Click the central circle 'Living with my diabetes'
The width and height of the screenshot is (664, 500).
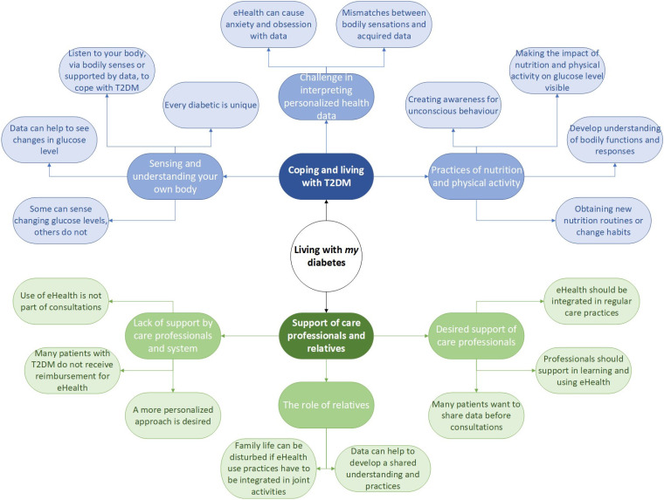click(x=326, y=256)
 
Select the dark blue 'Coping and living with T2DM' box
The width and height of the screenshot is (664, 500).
click(x=326, y=176)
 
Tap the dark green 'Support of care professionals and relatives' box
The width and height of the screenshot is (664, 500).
click(x=326, y=335)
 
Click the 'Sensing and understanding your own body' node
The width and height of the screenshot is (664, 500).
click(x=175, y=176)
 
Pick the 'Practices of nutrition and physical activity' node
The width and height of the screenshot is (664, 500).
click(x=476, y=176)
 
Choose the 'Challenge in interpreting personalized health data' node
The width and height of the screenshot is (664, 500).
click(x=326, y=97)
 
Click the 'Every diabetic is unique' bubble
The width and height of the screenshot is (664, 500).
click(x=211, y=105)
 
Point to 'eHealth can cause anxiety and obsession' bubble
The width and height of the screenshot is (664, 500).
click(x=268, y=24)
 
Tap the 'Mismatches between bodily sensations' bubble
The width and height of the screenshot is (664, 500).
click(x=384, y=24)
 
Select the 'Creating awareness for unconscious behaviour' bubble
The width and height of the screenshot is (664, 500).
click(x=453, y=105)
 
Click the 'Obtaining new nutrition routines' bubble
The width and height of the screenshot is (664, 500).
click(x=603, y=221)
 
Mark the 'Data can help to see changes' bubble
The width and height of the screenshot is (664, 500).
click(x=49, y=140)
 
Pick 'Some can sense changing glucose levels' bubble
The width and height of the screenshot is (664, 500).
click(x=60, y=221)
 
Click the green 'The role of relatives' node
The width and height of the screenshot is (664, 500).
click(x=326, y=405)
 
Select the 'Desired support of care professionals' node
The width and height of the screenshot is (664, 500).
click(x=476, y=335)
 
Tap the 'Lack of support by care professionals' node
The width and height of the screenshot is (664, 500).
click(x=173, y=335)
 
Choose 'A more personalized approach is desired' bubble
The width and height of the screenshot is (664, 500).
click(x=173, y=415)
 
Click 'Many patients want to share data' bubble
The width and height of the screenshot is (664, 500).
click(x=476, y=415)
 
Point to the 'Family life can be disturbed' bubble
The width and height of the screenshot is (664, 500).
click(x=268, y=469)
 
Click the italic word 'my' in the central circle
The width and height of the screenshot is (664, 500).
click(x=351, y=250)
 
